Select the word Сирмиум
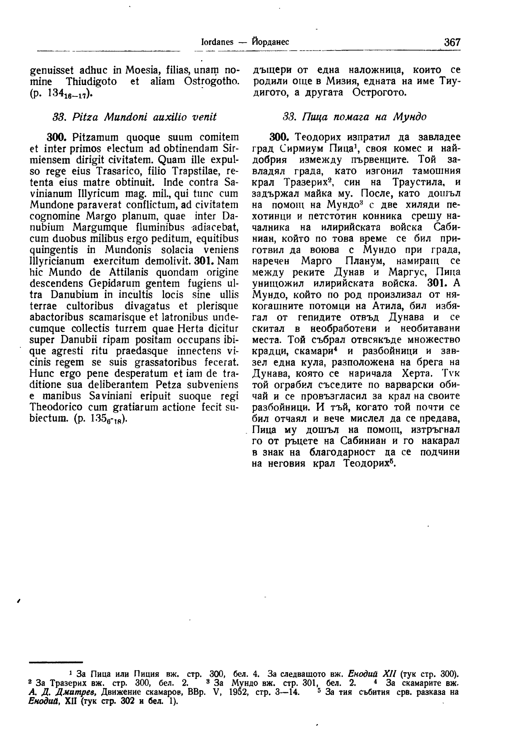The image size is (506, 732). pos(294,149)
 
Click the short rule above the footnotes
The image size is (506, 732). pos(55,663)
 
